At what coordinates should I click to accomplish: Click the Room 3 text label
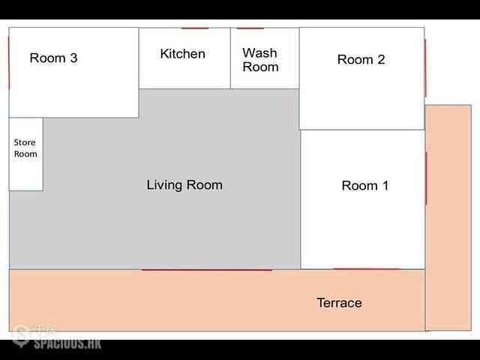[x=53, y=58]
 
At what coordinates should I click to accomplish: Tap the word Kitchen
[x=183, y=53]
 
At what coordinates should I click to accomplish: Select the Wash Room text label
[x=260, y=60]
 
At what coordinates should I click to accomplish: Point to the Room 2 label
[x=361, y=59]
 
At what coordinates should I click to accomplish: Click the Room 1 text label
[x=365, y=185]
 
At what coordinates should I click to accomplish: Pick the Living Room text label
[x=184, y=185]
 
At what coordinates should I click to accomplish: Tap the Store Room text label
[x=25, y=148]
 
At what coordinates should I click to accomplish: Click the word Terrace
[x=340, y=303]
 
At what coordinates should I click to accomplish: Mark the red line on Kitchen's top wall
[x=195, y=28]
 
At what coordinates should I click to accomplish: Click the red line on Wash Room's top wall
[x=250, y=28]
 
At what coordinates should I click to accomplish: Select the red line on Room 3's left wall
[x=9, y=63]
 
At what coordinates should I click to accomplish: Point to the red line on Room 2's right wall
[x=425, y=67]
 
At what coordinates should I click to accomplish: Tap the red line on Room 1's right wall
[x=426, y=178]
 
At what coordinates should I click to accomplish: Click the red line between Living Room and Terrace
[x=207, y=270]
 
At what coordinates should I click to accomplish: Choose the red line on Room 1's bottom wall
[x=367, y=269]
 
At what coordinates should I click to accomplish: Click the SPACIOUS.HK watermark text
[x=67, y=343]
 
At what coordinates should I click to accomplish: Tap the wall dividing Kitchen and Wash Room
[x=230, y=58]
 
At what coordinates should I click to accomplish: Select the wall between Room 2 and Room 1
[x=362, y=130]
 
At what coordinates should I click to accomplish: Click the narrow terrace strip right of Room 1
[x=448, y=217]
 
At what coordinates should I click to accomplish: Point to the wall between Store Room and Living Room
[x=43, y=154]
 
